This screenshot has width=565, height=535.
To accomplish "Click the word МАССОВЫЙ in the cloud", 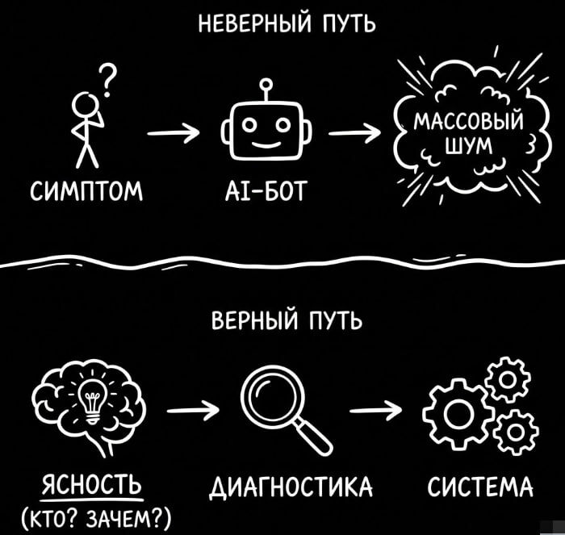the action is tap(468, 125).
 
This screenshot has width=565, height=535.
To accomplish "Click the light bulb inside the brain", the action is tap(90, 397).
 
